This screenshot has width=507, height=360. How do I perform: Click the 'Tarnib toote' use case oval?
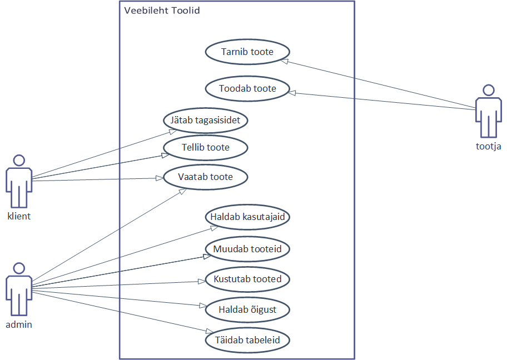[x=247, y=52]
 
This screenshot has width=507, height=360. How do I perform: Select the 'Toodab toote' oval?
[x=247, y=88]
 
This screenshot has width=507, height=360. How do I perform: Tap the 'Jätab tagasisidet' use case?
[x=206, y=119]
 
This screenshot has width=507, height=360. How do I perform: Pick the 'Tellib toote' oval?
[x=206, y=148]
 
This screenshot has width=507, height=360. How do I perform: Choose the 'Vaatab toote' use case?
[x=206, y=177]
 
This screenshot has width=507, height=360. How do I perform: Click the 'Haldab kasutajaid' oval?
[x=247, y=217]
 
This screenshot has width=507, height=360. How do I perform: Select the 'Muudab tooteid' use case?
[x=247, y=248]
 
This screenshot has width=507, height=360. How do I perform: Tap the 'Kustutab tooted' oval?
[x=247, y=279]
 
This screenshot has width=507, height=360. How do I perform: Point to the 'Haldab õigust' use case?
[x=247, y=309]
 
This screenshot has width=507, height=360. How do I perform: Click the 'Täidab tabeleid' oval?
[x=247, y=339]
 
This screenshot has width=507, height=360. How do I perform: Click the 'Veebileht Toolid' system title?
[x=162, y=11]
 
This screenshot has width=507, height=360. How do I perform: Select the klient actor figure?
[x=19, y=181]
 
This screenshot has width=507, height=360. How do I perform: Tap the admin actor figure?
[x=19, y=289]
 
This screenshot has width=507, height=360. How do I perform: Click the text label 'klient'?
[x=19, y=216]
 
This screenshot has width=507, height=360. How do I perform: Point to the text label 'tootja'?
[x=489, y=147]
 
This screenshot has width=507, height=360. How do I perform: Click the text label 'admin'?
[x=19, y=324]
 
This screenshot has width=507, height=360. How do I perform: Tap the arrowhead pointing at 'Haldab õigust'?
[x=203, y=305]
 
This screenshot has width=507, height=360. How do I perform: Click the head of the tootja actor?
[x=488, y=90]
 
